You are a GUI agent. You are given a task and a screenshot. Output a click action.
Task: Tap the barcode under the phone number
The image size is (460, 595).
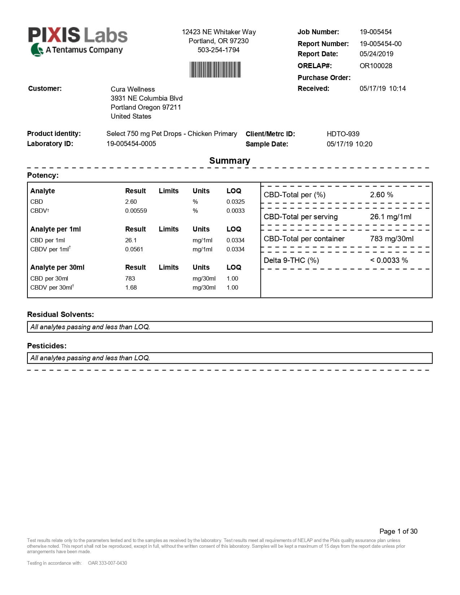[215, 70]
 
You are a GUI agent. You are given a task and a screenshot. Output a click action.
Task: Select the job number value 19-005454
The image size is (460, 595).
[376, 32]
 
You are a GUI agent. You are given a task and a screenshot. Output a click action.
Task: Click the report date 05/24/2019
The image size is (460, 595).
[376, 54]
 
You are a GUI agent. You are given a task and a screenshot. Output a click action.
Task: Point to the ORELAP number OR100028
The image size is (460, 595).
[376, 66]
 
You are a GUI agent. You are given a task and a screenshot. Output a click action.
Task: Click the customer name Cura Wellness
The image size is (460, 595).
[132, 89]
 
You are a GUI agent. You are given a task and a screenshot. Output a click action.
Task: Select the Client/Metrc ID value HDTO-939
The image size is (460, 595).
[343, 134]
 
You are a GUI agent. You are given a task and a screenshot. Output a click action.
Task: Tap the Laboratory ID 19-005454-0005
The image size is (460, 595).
[131, 144]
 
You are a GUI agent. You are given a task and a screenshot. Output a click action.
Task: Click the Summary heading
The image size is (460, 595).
[229, 160]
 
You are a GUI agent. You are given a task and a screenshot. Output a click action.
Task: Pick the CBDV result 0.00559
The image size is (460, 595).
[136, 211]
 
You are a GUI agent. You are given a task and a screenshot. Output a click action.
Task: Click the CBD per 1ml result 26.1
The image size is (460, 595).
[131, 240]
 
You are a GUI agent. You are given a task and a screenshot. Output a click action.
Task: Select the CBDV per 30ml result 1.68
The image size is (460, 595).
[131, 287]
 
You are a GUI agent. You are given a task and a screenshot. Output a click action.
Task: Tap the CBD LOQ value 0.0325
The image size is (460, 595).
[235, 202]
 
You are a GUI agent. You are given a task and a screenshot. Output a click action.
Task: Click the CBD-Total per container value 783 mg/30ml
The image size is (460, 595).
[391, 239]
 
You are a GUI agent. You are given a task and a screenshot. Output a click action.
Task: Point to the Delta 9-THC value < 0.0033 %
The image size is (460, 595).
[389, 260]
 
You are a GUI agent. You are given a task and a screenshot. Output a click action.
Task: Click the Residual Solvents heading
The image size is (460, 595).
[60, 314]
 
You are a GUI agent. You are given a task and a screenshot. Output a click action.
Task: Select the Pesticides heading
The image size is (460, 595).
[47, 346]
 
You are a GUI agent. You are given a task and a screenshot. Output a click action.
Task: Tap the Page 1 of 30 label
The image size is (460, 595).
[398, 531]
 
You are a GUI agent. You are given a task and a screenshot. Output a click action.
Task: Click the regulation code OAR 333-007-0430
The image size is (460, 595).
[107, 563]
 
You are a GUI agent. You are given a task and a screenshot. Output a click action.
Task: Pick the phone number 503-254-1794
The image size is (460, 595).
[218, 50]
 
